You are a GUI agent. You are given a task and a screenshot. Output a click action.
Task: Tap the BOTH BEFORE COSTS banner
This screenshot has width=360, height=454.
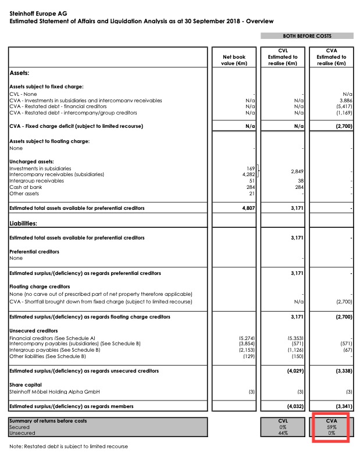click(308, 36)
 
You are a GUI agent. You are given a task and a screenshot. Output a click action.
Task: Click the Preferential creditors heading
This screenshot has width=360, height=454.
click(34, 252)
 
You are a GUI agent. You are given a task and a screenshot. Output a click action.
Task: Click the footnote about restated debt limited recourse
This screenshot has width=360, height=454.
click(69, 446)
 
